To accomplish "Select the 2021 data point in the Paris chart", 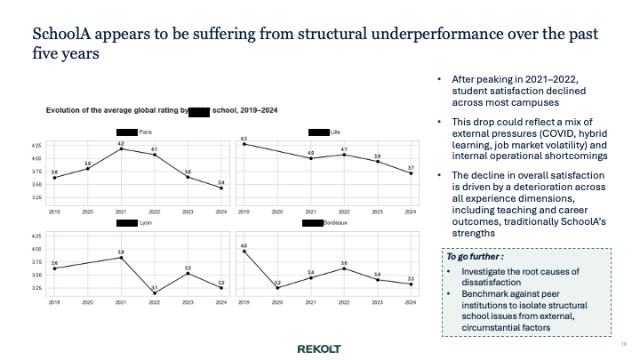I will point(121,148).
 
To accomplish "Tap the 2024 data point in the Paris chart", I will point(221,188).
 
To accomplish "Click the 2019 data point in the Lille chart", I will point(244,144).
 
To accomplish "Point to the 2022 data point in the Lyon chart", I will point(155,292).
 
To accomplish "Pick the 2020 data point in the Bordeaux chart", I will point(277,288).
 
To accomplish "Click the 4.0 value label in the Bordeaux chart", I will point(244,244).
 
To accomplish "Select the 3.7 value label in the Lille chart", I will point(411,167).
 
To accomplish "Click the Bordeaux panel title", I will point(335,222).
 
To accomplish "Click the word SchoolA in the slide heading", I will point(63,35).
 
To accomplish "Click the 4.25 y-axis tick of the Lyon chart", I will point(36,236).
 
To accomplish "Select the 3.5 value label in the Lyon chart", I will point(188,267).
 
